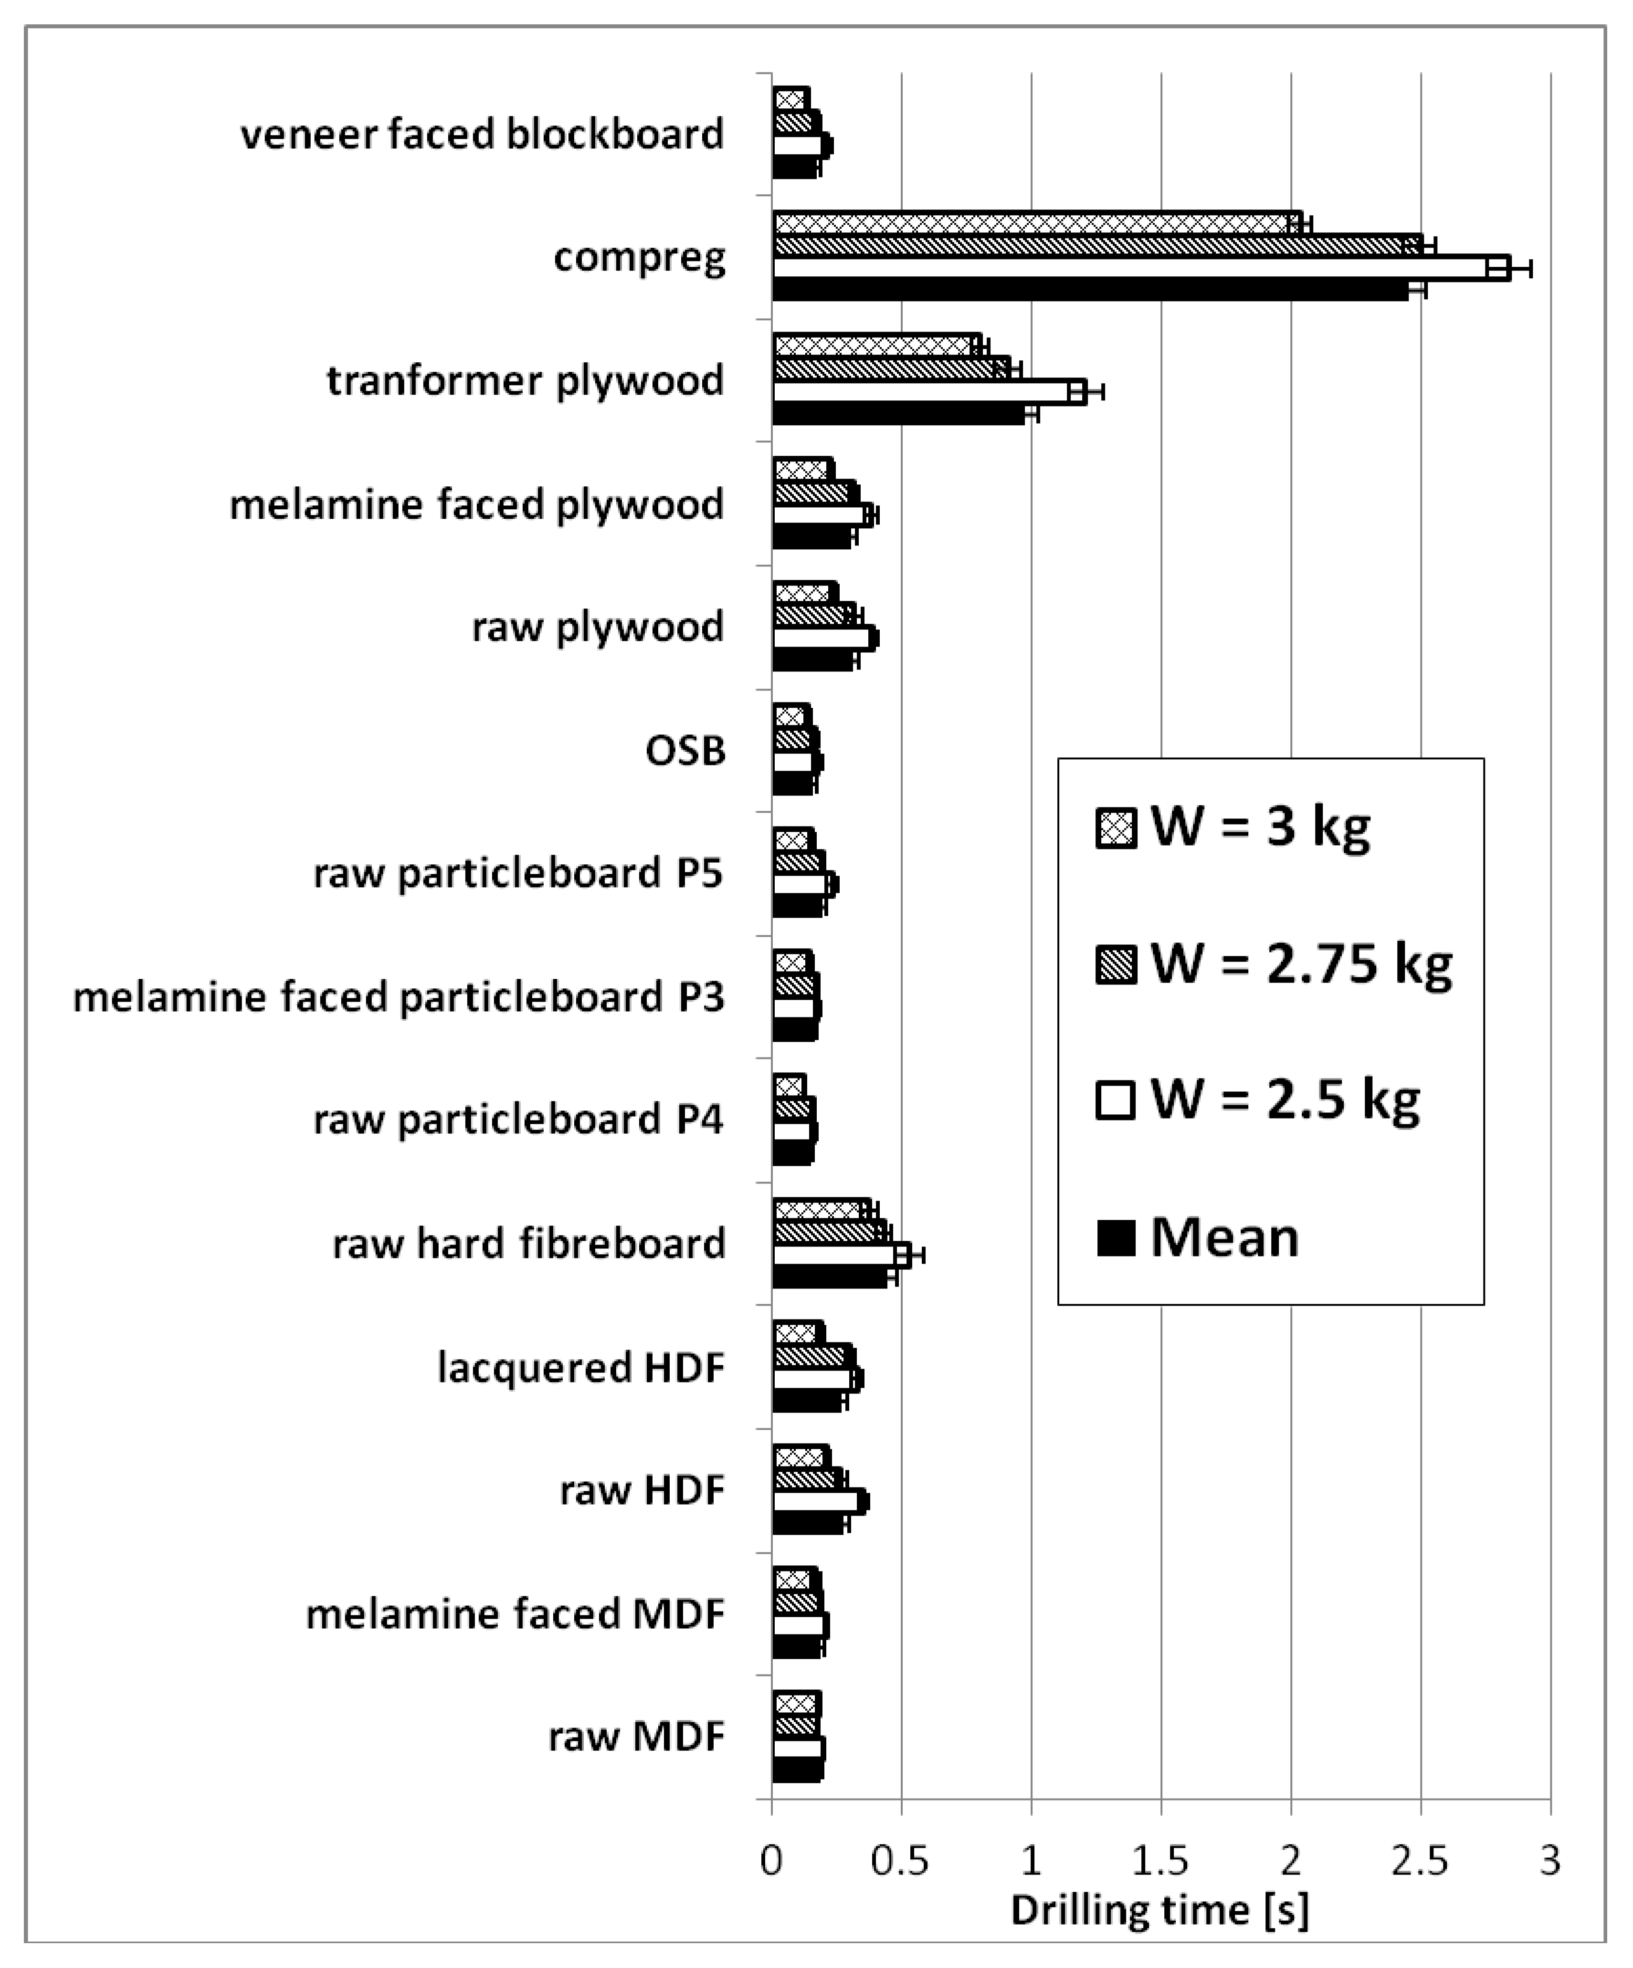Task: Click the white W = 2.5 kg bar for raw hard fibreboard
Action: click(x=834, y=1254)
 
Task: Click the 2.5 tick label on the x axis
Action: click(x=1420, y=1860)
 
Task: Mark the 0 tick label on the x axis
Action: click(x=771, y=1860)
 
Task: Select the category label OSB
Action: click(x=685, y=751)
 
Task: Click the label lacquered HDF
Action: click(x=581, y=1367)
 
